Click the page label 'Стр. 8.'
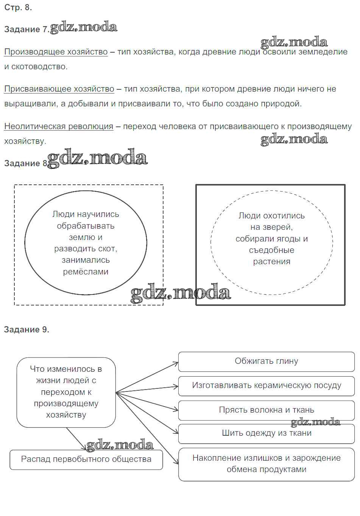18,8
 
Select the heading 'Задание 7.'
26,30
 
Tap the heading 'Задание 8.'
26,163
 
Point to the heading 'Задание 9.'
26,329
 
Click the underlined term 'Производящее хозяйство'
56,52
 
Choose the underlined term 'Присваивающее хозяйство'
59,89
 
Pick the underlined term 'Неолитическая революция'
59,126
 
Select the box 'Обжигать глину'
266,361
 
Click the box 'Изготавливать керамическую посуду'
266,385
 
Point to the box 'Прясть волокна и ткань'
266,410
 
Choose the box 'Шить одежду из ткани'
266,433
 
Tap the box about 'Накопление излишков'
266,464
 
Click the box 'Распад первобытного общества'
86,459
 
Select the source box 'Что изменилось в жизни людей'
66,392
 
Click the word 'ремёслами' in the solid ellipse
86,272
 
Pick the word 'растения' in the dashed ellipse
271,262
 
